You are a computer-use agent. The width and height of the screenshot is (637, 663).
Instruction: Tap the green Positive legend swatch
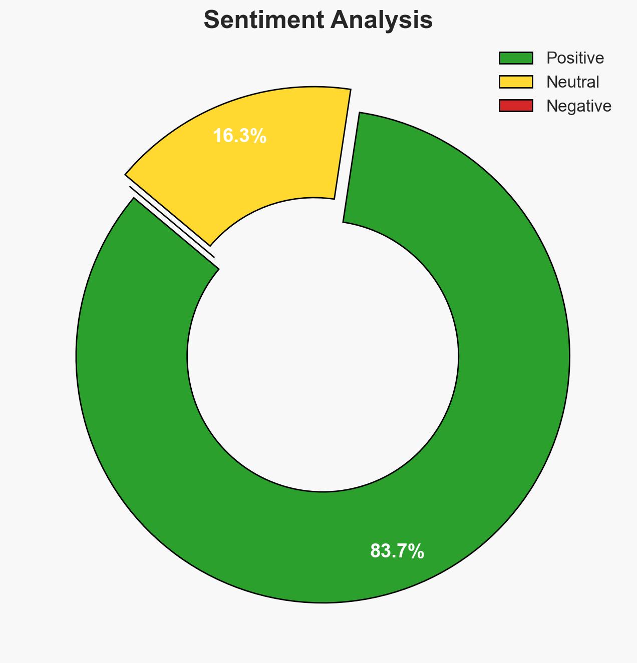tap(516, 58)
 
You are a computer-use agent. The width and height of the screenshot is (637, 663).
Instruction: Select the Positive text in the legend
tap(575, 58)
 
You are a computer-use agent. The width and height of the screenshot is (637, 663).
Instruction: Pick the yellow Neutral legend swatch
tap(516, 82)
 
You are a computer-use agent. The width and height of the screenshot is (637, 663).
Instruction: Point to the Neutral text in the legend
tap(572, 82)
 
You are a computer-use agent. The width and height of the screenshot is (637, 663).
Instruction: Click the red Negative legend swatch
tap(516, 106)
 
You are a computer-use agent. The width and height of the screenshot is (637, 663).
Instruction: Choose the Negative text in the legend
tap(578, 106)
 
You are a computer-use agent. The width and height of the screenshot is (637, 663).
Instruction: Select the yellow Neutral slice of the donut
tap(280, 160)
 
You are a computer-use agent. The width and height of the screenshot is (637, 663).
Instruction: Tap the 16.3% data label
tap(239, 136)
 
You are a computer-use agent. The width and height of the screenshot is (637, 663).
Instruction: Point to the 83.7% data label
tap(397, 551)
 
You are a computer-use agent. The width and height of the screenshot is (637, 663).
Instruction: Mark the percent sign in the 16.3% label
tap(259, 136)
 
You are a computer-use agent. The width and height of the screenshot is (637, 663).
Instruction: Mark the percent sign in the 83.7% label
tap(417, 551)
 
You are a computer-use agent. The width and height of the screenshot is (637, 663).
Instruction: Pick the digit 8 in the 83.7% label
tap(375, 551)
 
